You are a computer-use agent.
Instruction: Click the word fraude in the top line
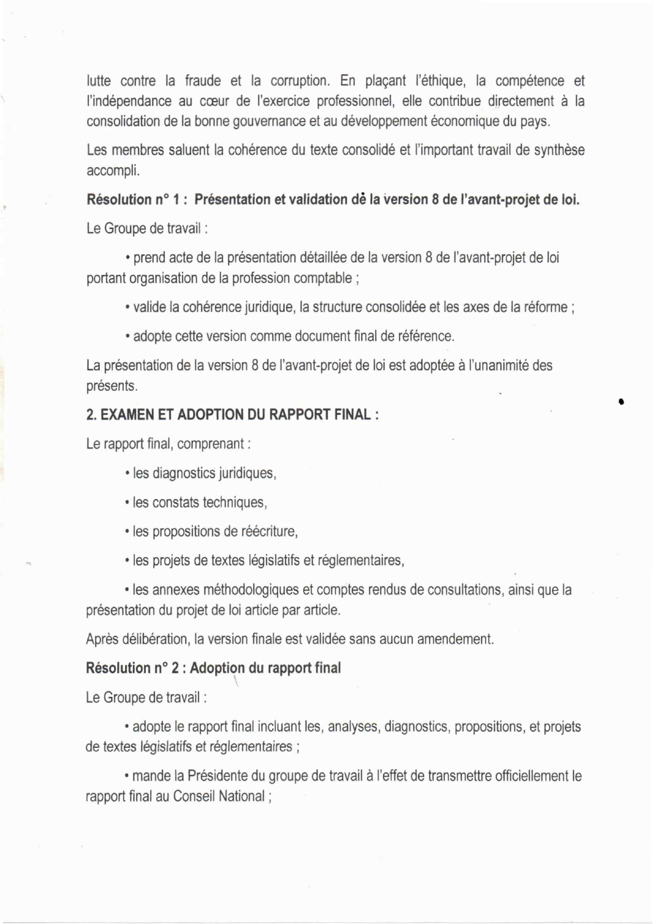[x=203, y=81]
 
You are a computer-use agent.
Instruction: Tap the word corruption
[x=300, y=81]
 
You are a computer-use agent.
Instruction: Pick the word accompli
[x=113, y=171]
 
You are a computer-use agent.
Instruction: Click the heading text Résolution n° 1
[x=136, y=200]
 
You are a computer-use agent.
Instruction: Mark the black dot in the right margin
[x=622, y=402]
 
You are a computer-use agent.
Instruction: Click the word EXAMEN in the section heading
[x=126, y=415]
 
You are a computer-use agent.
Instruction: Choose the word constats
[x=175, y=502]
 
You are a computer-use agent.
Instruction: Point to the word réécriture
[x=270, y=531]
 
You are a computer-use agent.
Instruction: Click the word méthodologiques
[x=245, y=590]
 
